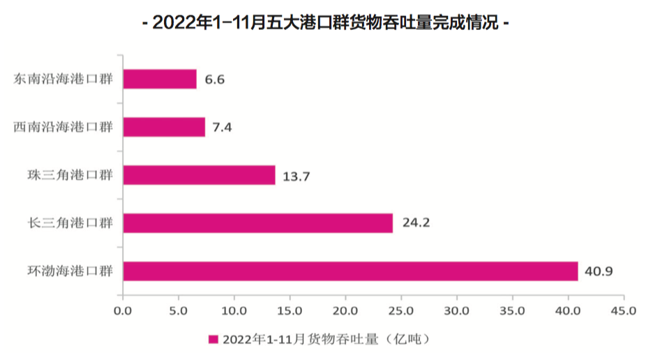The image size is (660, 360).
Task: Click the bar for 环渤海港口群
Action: click(350, 271)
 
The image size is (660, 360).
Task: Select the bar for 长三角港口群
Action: click(257, 223)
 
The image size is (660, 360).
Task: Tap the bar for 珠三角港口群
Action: click(199, 175)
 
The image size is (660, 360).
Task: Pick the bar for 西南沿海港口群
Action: click(164, 127)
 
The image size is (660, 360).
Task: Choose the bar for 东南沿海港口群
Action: click(160, 79)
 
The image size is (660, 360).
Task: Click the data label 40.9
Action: click(599, 271)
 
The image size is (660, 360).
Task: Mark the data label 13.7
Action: click(297, 176)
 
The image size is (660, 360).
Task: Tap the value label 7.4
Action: click(222, 128)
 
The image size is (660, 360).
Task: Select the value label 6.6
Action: click(214, 80)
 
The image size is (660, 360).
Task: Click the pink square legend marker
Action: click(213, 340)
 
